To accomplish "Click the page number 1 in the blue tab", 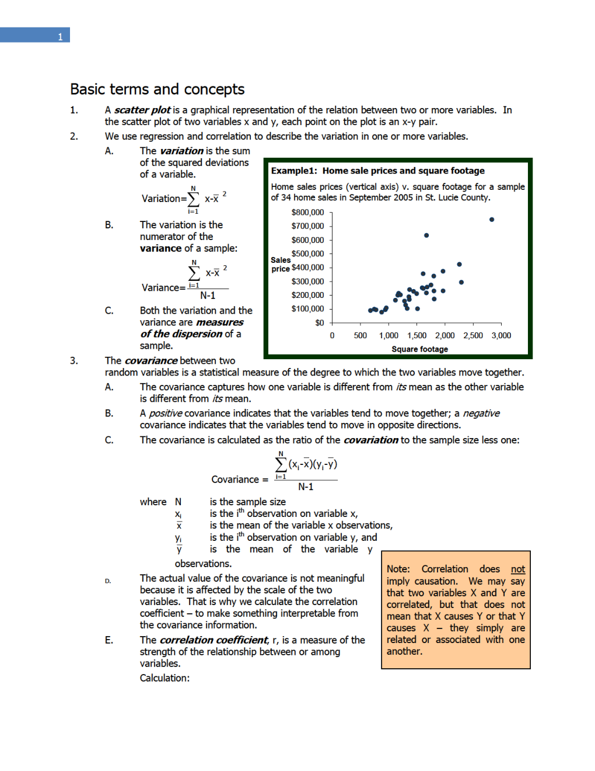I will (60, 37).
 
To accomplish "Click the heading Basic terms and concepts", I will (157, 89).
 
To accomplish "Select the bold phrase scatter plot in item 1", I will (142, 110).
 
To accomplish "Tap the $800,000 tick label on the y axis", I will (307, 213).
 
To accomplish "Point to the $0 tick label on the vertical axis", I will (319, 323).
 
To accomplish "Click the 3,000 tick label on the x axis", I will (501, 336).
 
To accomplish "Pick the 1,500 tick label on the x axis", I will (416, 336).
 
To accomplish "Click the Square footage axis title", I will (419, 349).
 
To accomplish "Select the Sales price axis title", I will (280, 265).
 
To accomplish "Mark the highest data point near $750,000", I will (492, 220).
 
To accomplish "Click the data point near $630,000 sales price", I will (426, 235).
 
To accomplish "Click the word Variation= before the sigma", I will (163, 199).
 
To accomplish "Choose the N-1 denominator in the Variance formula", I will (208, 296).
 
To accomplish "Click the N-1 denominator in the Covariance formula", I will (306, 487).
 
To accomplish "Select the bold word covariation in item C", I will (370, 440).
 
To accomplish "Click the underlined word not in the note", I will (517, 569).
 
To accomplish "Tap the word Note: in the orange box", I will (398, 569).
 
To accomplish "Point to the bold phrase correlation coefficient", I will (213, 640).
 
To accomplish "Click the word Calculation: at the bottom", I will (164, 678).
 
